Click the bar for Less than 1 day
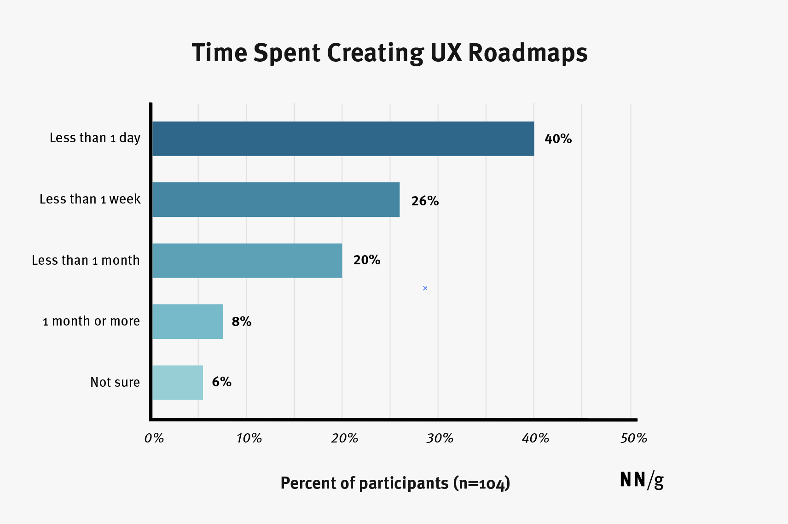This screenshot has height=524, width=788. pos(343,139)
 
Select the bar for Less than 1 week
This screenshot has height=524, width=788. pos(276,199)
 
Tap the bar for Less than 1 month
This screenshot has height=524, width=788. pos(247,261)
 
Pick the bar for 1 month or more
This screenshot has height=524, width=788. pos(188,321)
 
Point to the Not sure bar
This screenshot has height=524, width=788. pos(178,382)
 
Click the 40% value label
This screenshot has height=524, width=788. pos(558,139)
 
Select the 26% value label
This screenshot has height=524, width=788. pos(425,201)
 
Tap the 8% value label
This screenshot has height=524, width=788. pos(242,321)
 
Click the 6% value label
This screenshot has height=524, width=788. pos(221,382)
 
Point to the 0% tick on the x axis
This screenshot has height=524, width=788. pos(154,438)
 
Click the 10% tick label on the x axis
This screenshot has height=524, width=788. pos(249,438)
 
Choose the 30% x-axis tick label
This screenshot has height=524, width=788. pos(440,438)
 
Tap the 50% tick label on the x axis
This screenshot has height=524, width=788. pos(633,438)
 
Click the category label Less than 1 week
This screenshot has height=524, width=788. pos(90,199)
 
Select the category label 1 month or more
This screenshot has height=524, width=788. pos(91,321)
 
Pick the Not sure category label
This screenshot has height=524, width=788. pos(115,382)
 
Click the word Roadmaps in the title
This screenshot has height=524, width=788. pos(527,53)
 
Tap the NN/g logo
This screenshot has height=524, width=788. pos(642,480)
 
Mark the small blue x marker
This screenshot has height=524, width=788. pos(425,288)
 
